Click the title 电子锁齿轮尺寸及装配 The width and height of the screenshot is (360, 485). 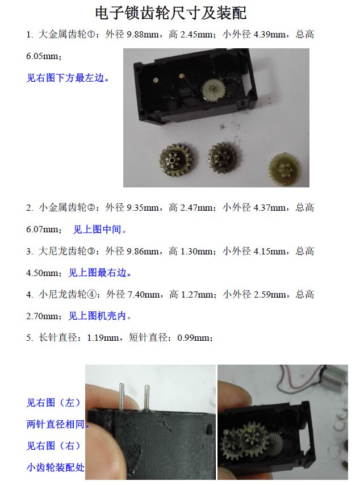coord(170,13)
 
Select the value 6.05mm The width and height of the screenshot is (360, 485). coord(43,56)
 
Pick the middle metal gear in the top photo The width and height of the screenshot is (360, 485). coord(223,158)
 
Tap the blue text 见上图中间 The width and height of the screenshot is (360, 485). coord(97,229)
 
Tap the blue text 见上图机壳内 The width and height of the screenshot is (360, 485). coord(97,316)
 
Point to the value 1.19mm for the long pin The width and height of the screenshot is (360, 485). coord(103,337)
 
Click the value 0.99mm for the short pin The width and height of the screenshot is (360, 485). coord(193,337)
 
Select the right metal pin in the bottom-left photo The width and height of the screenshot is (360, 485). coord(147,398)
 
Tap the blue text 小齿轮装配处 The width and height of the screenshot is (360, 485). coord(55,467)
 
